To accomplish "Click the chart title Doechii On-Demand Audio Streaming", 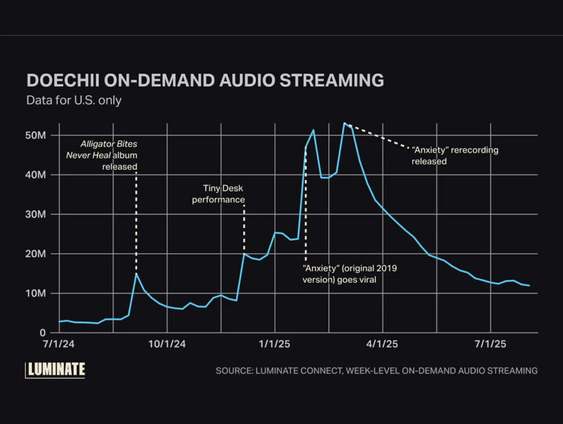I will pos(205,80).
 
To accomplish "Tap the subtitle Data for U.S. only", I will pos(74,100).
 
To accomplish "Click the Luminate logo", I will pos(56,369).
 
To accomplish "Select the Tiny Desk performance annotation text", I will pos(218,194).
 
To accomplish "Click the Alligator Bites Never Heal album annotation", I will pos(109,155).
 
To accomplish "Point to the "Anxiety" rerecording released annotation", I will pos(455,156).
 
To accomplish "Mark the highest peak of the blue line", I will pos(344,123).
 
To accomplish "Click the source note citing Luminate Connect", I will pos(377,371).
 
